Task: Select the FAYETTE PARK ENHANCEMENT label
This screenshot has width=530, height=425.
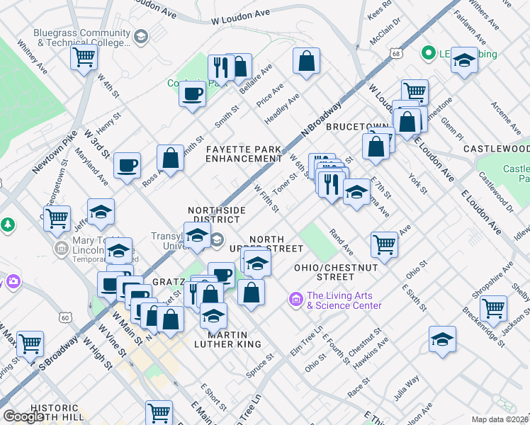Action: point(244,154)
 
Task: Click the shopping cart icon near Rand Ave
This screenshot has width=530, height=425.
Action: point(384,244)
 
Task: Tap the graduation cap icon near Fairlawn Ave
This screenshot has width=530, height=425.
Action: point(465,59)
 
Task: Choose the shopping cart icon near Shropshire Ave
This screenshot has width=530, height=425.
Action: point(493,308)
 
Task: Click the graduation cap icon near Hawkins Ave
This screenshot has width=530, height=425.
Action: point(442,339)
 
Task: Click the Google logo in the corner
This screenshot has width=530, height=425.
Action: point(23,416)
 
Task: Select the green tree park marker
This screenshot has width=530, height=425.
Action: point(7,225)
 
